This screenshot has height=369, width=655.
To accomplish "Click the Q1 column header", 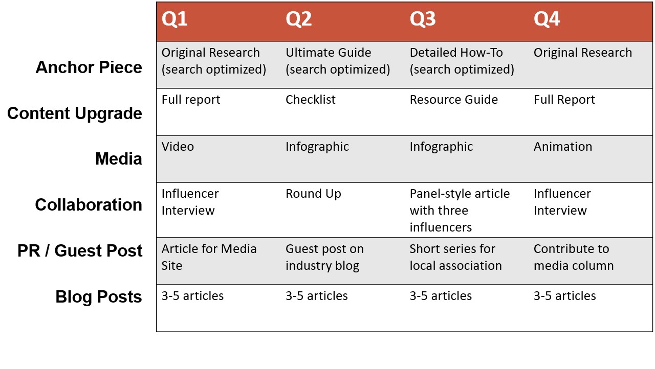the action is (174, 19).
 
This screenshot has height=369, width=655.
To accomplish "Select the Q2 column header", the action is (298, 19).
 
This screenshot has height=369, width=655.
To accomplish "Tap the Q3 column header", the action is (423, 19).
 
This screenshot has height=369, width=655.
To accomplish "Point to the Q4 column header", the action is (547, 19).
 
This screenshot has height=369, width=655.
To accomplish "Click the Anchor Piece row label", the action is (89, 67).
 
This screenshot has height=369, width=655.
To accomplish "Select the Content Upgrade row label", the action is (75, 113).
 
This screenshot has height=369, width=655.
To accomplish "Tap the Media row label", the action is (119, 159).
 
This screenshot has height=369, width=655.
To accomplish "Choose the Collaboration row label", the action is (89, 204).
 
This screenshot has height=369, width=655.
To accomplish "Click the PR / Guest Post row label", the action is (80, 251).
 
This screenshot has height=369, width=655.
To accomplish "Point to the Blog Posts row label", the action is (99, 297).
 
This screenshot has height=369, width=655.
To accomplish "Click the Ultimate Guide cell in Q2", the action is (338, 61).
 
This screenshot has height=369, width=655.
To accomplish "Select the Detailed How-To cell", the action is (462, 61).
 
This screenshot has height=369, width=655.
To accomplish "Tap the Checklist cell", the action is (311, 100).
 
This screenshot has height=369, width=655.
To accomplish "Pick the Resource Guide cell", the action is (454, 100).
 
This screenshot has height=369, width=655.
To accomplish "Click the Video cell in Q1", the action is (178, 147).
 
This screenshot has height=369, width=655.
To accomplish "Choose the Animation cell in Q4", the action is (563, 147).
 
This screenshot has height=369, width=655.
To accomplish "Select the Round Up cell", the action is (313, 194).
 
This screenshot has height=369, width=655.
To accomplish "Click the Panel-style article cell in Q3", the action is (460, 210).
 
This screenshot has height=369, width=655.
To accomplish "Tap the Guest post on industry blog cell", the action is (324, 257).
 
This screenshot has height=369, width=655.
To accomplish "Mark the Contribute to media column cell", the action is (574, 257).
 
